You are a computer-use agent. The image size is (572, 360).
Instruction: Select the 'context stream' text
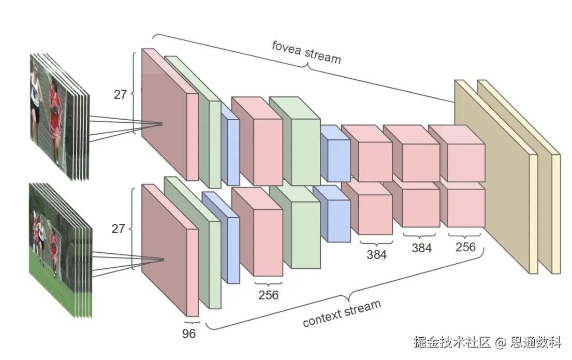tap(342, 313)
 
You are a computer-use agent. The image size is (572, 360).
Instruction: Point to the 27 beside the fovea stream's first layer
tap(121, 94)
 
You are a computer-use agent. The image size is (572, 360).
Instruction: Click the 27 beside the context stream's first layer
tap(119, 228)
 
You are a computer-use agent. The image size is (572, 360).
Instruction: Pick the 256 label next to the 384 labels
tap(465, 247)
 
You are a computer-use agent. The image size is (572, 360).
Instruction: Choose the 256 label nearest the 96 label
tap(268, 295)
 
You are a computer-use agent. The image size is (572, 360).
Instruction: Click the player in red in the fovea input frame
tap(54, 119)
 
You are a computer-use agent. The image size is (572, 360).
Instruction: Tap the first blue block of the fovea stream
tap(230, 150)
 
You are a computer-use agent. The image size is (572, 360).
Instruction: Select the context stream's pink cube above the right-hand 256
tap(463, 207)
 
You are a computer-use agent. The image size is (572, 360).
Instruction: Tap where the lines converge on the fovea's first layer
tap(163, 124)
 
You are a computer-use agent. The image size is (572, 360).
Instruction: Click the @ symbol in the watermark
tap(500, 342)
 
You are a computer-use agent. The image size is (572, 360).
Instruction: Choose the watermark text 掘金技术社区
tap(452, 342)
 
